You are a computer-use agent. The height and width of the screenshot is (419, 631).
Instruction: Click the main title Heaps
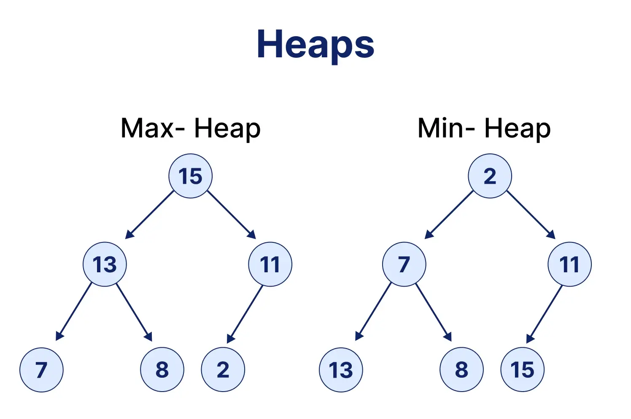(315, 45)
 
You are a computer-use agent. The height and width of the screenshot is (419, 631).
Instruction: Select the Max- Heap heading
(191, 128)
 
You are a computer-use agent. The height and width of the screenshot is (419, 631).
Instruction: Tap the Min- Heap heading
(484, 128)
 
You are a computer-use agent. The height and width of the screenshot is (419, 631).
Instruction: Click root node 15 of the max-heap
(190, 176)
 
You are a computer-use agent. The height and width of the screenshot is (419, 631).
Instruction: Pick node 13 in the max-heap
(105, 264)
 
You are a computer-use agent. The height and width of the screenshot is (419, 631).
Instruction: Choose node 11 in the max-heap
(270, 264)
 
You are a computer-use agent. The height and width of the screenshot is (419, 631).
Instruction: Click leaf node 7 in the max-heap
(41, 370)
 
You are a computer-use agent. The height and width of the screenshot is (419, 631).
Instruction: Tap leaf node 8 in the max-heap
(162, 369)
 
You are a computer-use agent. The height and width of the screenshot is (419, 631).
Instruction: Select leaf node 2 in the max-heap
(223, 369)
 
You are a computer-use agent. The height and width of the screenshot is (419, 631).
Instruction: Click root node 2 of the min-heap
(490, 176)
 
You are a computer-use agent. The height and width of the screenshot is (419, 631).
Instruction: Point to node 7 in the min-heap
(404, 264)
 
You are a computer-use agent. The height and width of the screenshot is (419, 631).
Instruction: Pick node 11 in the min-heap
(569, 264)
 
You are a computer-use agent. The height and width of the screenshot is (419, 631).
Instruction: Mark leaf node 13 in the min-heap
(341, 370)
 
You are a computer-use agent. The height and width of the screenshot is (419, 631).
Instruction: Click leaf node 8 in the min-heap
(462, 369)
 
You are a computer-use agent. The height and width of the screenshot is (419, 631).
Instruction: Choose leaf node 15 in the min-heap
(523, 369)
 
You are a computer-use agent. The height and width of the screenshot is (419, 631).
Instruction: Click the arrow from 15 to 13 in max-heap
(149, 215)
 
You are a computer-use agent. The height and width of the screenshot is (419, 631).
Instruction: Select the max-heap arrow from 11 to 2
(245, 314)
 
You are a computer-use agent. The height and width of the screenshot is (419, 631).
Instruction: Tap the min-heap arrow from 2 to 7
(449, 215)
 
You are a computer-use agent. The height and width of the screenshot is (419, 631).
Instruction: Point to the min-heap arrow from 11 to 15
(544, 314)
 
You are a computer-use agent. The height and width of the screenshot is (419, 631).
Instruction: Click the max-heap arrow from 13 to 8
(135, 312)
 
